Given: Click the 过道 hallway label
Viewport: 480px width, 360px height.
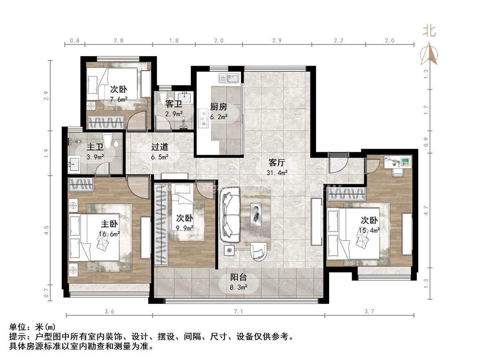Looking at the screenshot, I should tap(159, 147).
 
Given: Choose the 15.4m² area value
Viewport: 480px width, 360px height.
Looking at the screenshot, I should tap(369, 230).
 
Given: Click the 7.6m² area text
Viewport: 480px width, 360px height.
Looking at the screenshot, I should tap(119, 99).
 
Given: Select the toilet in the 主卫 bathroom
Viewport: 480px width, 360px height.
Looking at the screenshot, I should tap(107, 141).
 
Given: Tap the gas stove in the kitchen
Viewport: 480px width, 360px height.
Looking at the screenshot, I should tap(204, 119).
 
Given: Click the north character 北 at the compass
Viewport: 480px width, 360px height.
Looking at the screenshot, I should tap(429, 31).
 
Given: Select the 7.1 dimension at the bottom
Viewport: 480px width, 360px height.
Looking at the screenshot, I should tap(237, 311).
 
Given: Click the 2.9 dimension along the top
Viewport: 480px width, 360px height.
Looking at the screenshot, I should tap(277, 41).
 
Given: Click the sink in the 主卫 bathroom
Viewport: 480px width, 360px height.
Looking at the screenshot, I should tap(75, 164).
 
